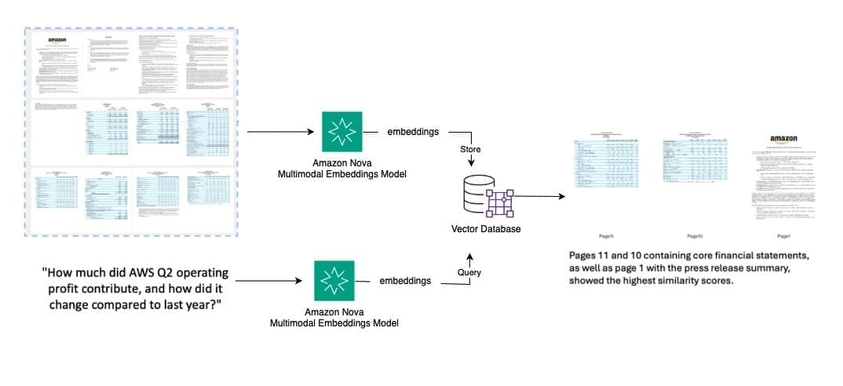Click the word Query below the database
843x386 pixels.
469,271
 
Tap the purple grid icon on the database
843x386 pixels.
496,202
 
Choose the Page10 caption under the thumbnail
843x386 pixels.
694,235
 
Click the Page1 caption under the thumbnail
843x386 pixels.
783,235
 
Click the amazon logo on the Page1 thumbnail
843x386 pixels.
783,140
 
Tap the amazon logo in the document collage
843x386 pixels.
58,40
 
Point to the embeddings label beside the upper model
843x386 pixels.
414,133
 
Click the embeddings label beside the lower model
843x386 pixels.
405,280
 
